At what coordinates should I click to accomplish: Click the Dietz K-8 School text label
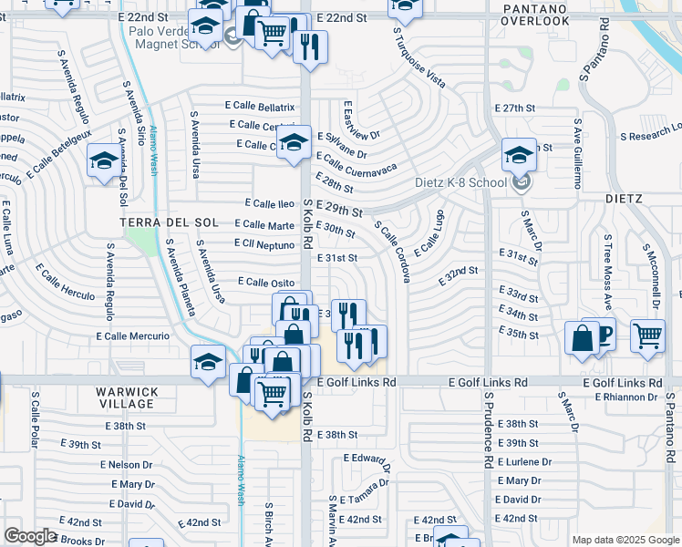(460, 182)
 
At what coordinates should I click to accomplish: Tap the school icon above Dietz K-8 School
(519, 156)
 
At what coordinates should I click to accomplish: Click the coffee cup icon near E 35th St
(599, 334)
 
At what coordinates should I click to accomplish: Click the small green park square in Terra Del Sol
(141, 242)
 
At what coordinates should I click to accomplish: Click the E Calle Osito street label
(266, 282)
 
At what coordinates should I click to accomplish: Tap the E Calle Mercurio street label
(133, 336)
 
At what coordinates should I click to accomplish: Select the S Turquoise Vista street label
(419, 57)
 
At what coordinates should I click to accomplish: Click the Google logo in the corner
(30, 536)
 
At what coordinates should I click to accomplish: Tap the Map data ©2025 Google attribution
(625, 540)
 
